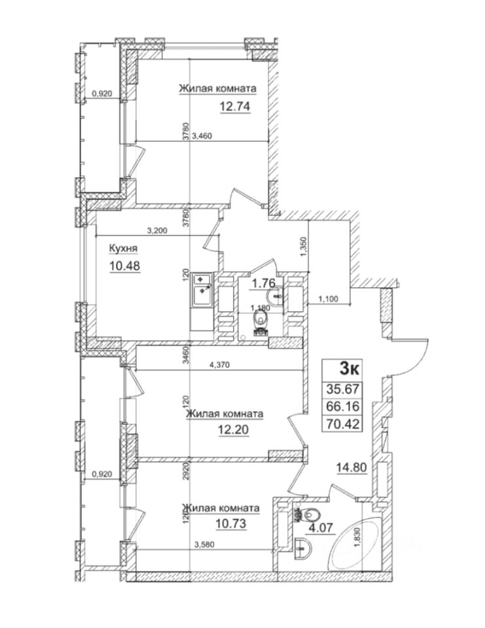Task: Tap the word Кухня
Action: pyautogui.click(x=123, y=249)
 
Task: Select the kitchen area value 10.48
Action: pyautogui.click(x=125, y=265)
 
